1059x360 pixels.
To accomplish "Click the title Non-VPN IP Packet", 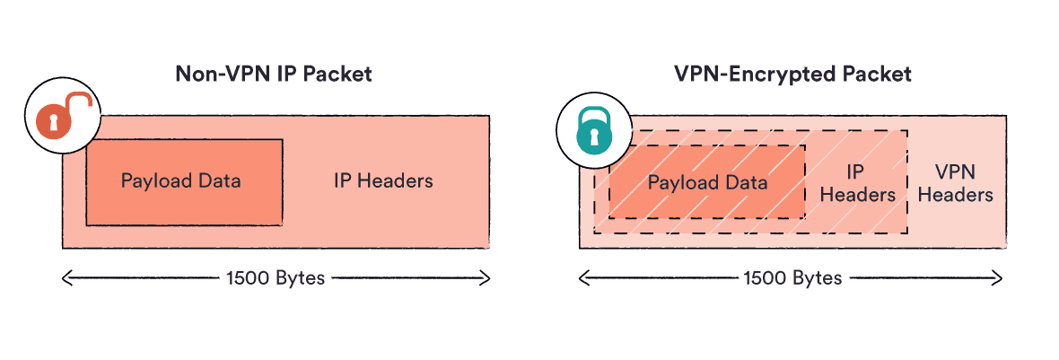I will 273,75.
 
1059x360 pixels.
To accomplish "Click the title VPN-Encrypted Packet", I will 792,75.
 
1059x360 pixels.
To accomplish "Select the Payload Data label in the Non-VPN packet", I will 180,180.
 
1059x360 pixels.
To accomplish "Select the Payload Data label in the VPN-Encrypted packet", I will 707,183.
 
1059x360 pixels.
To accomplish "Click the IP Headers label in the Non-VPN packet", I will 383,180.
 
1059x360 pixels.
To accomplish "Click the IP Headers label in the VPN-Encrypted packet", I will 858,182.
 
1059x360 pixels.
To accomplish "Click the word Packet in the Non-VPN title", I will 337,75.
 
